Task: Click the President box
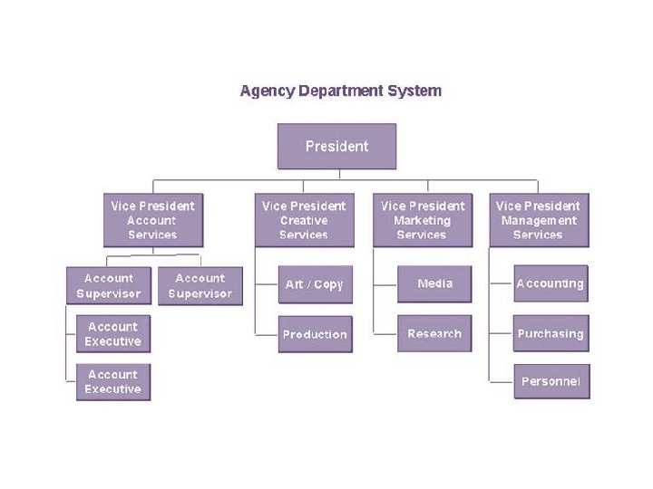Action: [336, 146]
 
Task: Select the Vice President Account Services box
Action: [152, 220]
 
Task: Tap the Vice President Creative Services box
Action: [304, 220]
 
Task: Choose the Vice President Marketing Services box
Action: [422, 220]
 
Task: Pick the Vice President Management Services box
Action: [538, 220]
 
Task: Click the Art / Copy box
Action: [315, 284]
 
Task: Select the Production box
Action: [315, 334]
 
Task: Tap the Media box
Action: [434, 284]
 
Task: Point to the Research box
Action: [434, 333]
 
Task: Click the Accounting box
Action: [551, 283]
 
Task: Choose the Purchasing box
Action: [551, 333]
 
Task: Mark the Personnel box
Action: [551, 381]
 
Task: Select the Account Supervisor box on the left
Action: [109, 286]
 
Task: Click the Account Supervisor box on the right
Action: [200, 286]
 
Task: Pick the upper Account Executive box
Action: [113, 334]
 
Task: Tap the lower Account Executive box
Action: [113, 382]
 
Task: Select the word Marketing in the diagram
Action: [422, 220]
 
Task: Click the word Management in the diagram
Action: [538, 220]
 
